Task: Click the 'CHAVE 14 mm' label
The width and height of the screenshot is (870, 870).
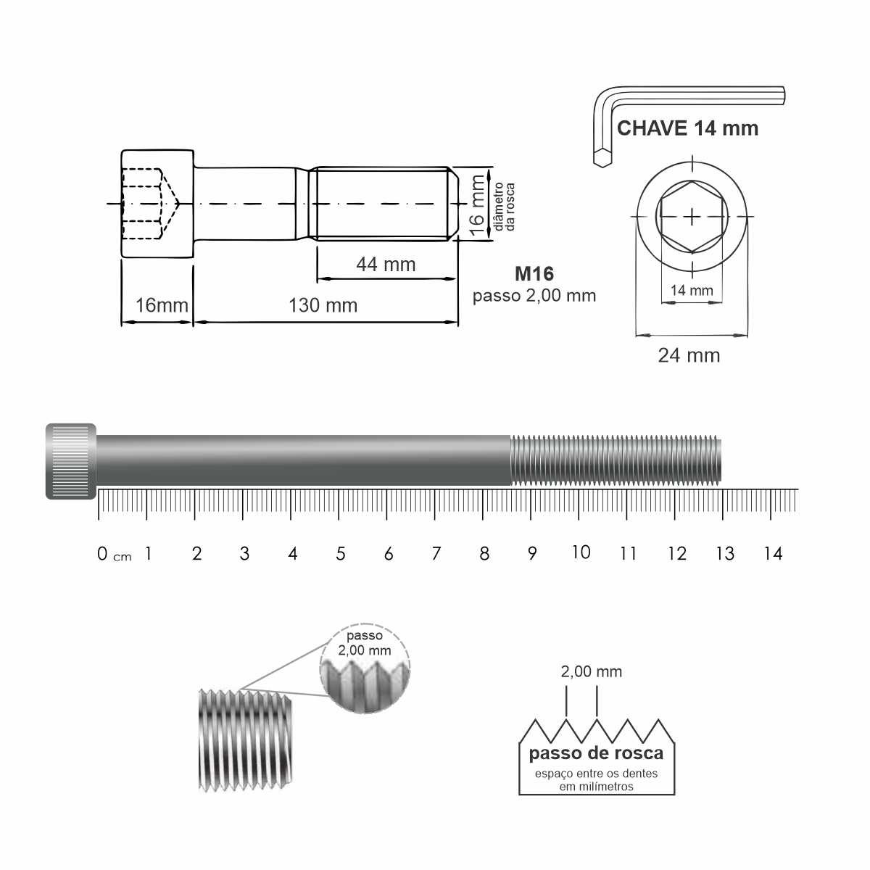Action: pos(687,128)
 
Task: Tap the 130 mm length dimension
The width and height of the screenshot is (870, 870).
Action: pos(323,305)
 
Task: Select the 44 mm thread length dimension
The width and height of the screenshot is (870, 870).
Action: pos(386,265)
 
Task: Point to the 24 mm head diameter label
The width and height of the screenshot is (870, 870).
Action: pos(689,356)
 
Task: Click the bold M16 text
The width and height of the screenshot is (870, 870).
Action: pos(534,273)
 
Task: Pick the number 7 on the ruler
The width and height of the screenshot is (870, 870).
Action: pos(436,553)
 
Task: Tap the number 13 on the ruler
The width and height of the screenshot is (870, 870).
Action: pos(725,553)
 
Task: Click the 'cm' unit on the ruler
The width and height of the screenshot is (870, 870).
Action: pos(122,557)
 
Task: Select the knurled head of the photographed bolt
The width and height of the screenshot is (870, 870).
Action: pos(71,461)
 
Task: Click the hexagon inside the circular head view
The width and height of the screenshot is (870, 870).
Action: pos(692,217)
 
